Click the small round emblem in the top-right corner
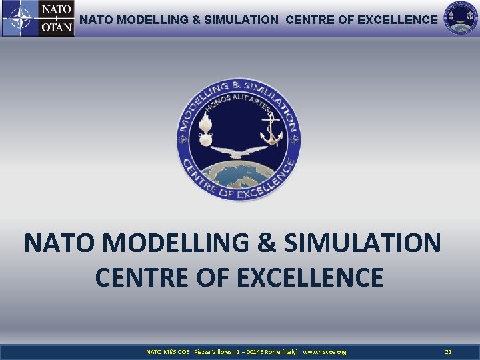461,18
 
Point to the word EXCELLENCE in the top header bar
397,20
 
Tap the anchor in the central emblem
271,128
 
